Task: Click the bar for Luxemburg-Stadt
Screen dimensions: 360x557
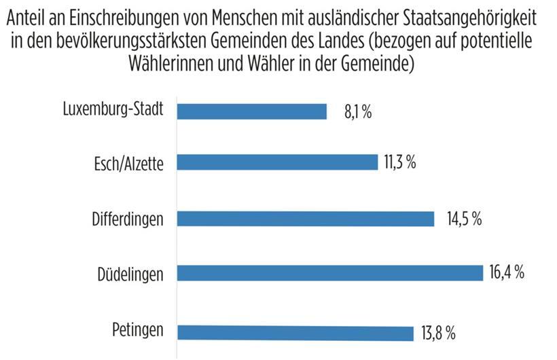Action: [252, 111]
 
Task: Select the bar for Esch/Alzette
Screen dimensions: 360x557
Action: [277, 162]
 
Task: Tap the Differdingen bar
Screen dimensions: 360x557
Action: [306, 219]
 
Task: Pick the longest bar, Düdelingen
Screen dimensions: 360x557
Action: [329, 273]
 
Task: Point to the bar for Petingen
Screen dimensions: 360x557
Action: [295, 332]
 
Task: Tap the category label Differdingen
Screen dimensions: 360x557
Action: [128, 219]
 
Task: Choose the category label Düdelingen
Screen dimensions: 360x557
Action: [130, 274]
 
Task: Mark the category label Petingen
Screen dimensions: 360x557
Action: [138, 331]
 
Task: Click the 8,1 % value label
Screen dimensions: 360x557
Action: [357, 112]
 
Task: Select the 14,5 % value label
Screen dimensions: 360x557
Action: [463, 219]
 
